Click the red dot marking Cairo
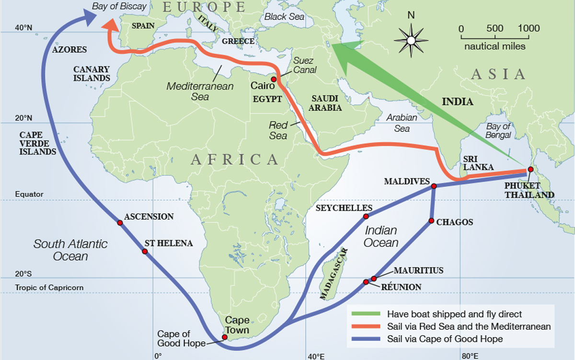pos(273,79)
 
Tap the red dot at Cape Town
pos(225,337)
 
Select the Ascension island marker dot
pos(119,222)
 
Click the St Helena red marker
pos(145,251)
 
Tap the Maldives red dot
pos(434,186)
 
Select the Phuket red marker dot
pos(530,170)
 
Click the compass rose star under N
pos(411,39)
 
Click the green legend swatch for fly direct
pos(365,314)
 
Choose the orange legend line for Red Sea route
pos(365,327)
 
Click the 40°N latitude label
pos(23,28)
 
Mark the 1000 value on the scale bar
pos(529,28)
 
